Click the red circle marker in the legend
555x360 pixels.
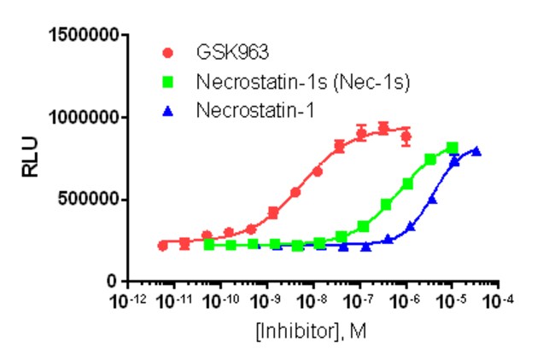pos(168,54)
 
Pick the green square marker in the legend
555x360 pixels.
pos(168,82)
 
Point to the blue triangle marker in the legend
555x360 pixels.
pos(168,109)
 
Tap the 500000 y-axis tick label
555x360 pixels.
pos(88,200)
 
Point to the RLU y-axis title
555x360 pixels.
pos(29,159)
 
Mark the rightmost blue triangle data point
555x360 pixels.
pos(476,152)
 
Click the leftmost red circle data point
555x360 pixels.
pos(163,246)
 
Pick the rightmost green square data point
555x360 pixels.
pos(453,148)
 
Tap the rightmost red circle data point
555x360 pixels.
pos(406,136)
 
